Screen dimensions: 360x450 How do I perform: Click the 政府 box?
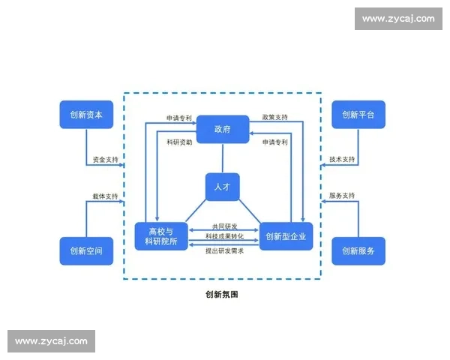click(223, 129)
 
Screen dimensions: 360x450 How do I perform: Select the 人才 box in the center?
click(223, 187)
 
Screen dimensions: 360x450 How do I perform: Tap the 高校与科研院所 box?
click(160, 236)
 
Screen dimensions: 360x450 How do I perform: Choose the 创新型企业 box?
click(285, 236)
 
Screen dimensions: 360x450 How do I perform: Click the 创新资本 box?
click(86, 115)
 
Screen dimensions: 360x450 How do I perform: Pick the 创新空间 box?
click(86, 250)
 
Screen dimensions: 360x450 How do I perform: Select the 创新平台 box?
click(358, 115)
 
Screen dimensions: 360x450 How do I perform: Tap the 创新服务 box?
click(358, 250)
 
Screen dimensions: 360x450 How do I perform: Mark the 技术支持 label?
click(342, 160)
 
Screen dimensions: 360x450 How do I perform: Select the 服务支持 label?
click(342, 196)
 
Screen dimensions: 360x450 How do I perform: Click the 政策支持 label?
click(275, 117)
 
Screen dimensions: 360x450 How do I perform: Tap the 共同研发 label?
click(223, 226)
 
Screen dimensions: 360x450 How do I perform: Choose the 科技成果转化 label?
click(223, 237)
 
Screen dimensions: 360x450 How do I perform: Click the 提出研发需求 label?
click(223, 250)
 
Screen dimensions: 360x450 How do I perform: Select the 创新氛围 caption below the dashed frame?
click(222, 295)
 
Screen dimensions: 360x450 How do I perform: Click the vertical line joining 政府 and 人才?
click(223, 158)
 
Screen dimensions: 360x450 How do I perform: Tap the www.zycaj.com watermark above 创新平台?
click(397, 19)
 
